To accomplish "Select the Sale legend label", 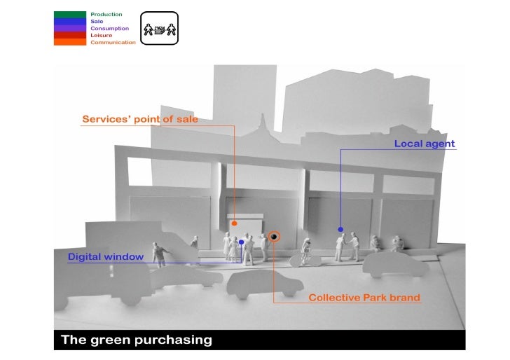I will point(97,21).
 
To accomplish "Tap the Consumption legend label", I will point(109,28).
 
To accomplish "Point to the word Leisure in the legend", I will point(101,35).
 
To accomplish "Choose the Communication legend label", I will point(113,42).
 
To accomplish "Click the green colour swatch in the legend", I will point(70,14).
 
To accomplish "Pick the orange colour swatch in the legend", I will point(70,42).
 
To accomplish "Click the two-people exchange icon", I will point(159,29).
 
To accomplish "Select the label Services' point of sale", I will point(140,119).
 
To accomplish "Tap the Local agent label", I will point(425,144).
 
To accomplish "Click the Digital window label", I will point(106,257).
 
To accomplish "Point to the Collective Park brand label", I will point(364,298).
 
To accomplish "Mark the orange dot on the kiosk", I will point(235,223).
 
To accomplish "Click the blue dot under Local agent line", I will point(340,229).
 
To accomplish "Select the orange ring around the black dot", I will point(274,237).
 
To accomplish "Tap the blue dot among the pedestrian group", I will point(241,242).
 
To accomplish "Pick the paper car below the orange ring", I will point(265,282).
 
